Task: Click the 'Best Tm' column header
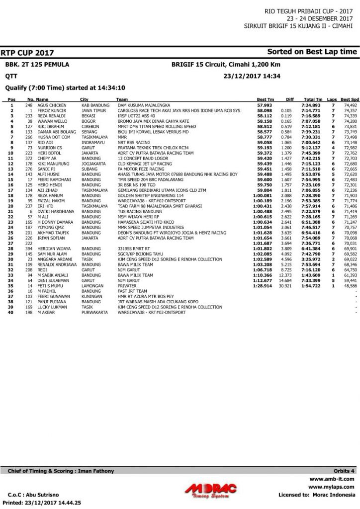(265, 99)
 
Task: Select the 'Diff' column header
(290, 99)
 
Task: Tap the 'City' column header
(85, 99)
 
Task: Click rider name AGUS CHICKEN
(52, 106)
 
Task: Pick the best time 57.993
(265, 106)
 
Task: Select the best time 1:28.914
(262, 286)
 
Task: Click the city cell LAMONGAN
(92, 286)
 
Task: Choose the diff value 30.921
(285, 286)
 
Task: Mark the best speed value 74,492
(350, 106)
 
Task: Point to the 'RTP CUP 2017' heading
(27, 53)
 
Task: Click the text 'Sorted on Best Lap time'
(312, 52)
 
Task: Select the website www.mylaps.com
(331, 487)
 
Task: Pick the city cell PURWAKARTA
(94, 312)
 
